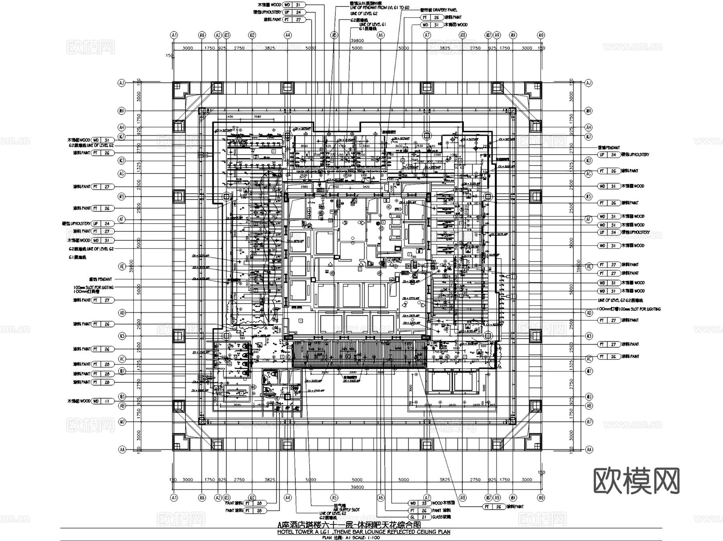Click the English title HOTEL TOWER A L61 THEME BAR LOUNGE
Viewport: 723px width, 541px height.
click(364, 532)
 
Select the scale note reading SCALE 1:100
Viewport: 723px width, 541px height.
click(364, 537)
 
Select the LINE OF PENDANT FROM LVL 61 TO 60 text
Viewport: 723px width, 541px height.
click(374, 8)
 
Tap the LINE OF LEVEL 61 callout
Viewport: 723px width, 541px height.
click(372, 24)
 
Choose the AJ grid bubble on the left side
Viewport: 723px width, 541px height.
click(121, 83)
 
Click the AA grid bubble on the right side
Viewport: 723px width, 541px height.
click(589, 450)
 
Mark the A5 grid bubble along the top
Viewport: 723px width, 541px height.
click(334, 35)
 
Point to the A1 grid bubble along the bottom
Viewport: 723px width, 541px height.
click(174, 497)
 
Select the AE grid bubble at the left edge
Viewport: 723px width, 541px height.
click(121, 266)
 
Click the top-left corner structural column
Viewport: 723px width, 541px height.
click(180, 90)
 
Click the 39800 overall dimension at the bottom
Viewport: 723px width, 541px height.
click(357, 487)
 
